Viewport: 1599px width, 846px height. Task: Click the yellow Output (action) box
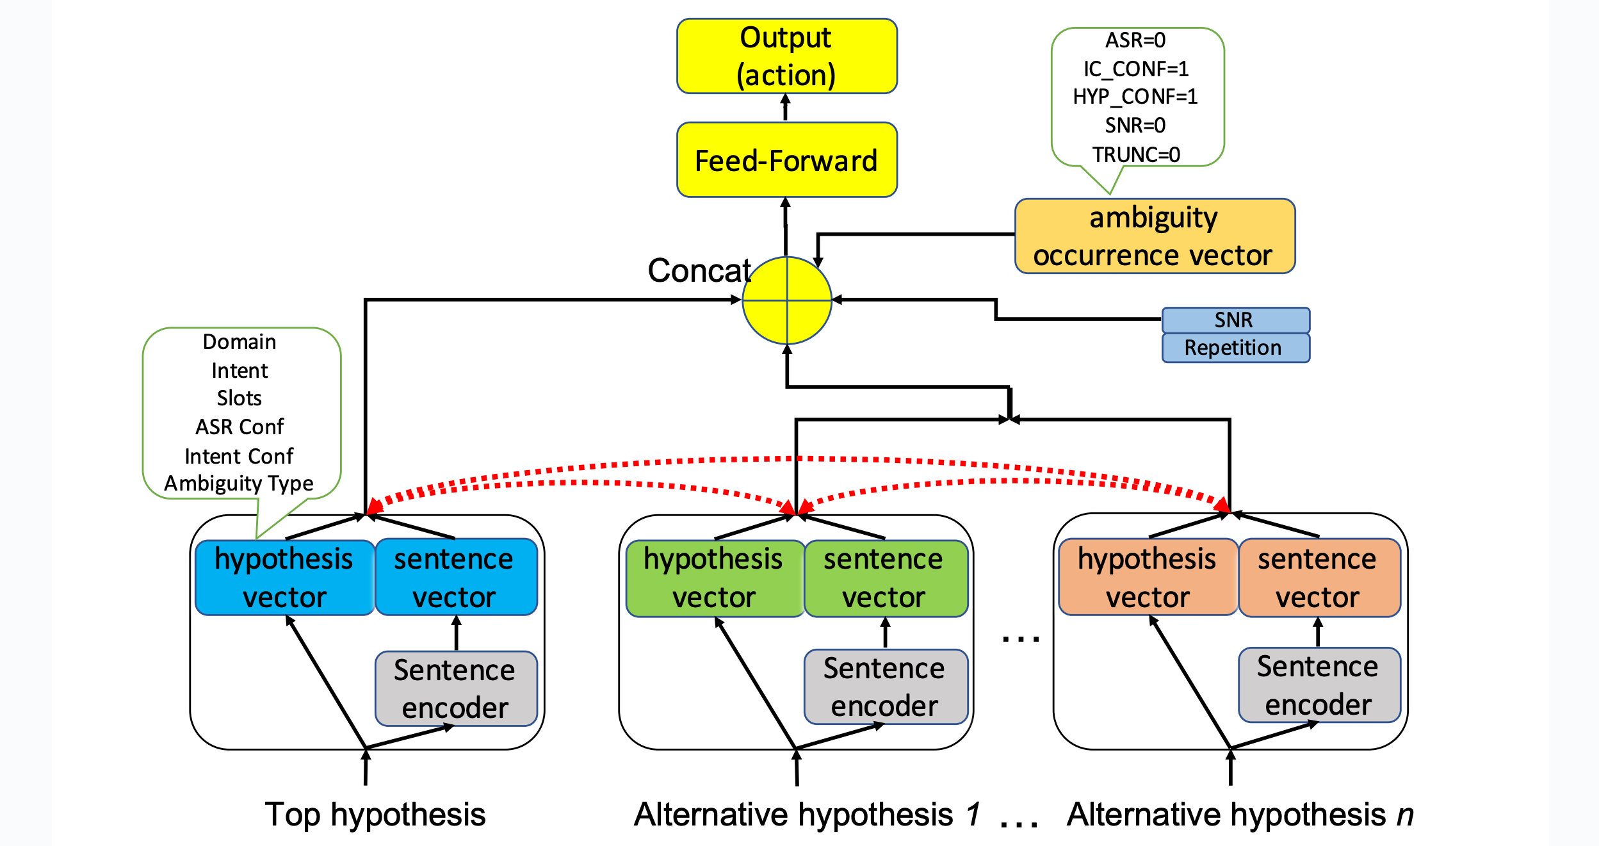coord(786,56)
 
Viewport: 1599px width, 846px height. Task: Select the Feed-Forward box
coord(786,160)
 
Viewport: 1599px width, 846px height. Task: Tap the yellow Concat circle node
coord(786,300)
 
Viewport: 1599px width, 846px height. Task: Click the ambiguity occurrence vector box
coord(1154,236)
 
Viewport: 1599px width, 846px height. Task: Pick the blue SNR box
coord(1235,320)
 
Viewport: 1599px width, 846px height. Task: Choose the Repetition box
coord(1235,348)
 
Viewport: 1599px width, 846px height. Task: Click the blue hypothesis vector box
coord(284,578)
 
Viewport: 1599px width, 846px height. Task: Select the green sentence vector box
coord(885,578)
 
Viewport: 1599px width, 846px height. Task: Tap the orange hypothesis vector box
coord(1148,577)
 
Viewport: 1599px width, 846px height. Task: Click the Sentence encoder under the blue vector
coord(455,688)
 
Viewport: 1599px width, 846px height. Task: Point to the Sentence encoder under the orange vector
coord(1319,685)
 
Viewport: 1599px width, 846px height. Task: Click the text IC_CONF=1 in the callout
coord(1136,69)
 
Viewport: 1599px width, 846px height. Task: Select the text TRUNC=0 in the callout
coord(1136,154)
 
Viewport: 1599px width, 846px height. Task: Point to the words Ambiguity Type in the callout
coord(239,484)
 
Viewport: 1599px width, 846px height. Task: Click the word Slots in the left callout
coord(239,398)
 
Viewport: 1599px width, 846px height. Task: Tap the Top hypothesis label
coord(375,815)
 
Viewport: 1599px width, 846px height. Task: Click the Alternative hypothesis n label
coord(1240,815)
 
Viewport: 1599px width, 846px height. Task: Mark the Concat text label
coord(699,270)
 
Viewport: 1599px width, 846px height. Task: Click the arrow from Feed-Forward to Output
coord(786,108)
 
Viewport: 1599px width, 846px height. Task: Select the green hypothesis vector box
coord(714,578)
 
